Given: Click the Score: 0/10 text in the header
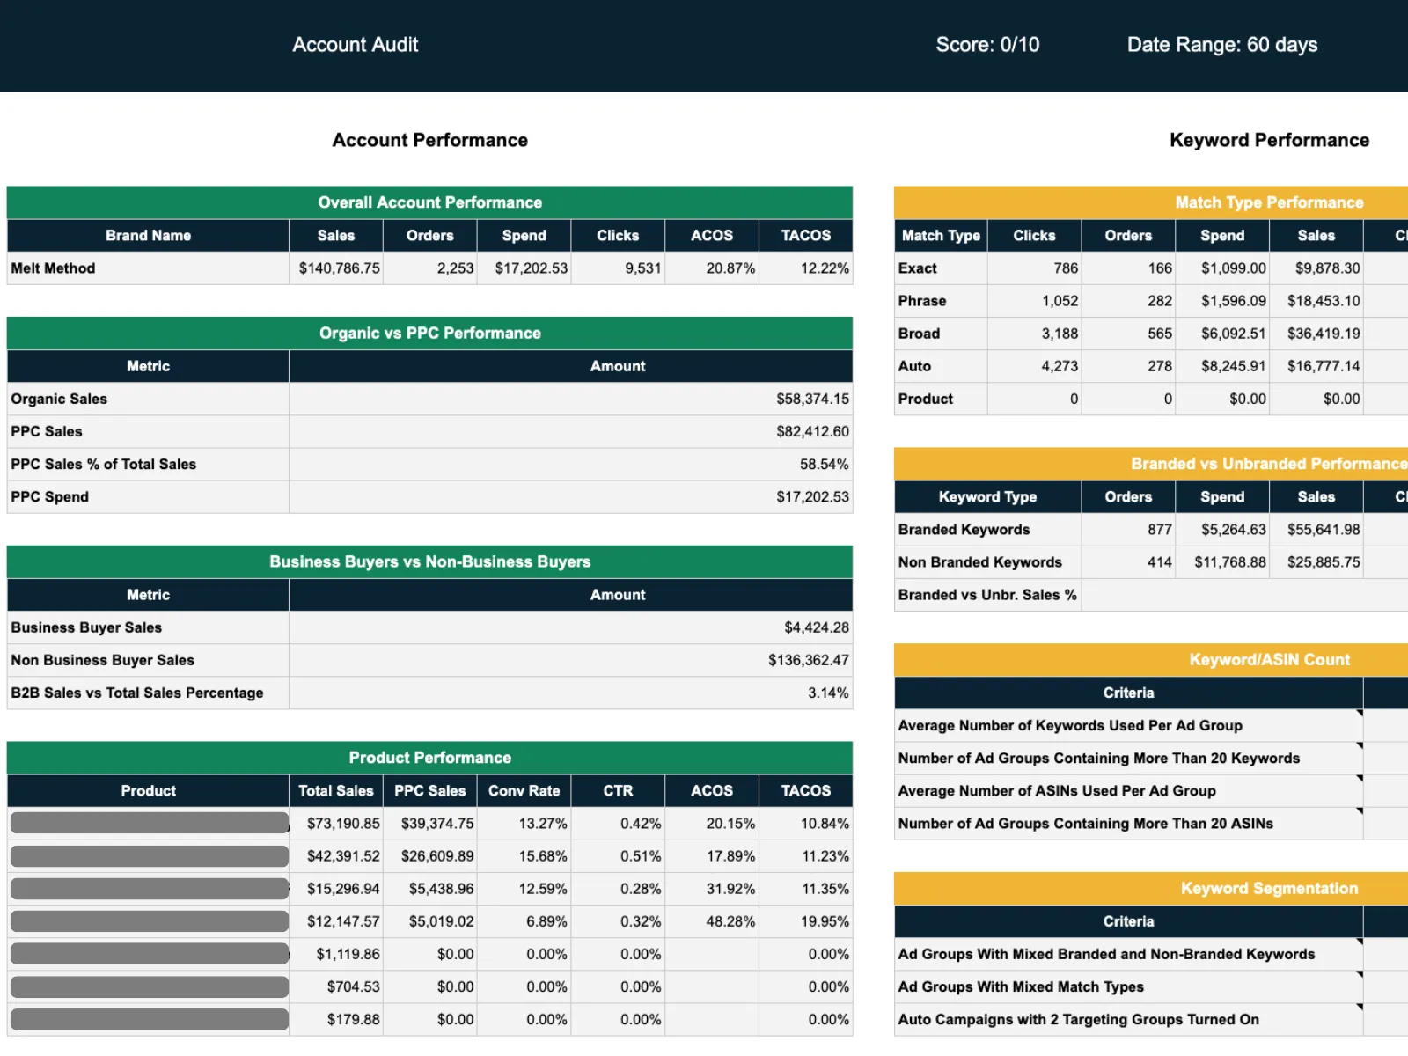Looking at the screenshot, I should pos(987,45).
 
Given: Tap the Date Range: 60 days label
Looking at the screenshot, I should pos(1222,45).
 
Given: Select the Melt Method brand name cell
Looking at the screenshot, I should pos(54,268).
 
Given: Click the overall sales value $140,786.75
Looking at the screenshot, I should pos(339,268).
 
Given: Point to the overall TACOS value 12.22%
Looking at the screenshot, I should pos(825,268).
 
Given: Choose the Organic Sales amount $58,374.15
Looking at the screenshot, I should pos(812,399).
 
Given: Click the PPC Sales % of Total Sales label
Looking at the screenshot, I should pos(104,464).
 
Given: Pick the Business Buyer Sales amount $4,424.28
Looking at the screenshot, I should pos(817,627).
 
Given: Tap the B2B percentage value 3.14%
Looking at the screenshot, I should pos(828,693).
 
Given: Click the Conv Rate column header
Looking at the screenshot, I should pos(524,790).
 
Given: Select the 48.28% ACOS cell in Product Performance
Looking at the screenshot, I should pos(730,921).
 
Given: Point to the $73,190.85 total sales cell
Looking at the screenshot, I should pos(343,824).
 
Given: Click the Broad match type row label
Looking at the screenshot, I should pos(920,334).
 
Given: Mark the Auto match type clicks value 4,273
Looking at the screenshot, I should pos(1060,366).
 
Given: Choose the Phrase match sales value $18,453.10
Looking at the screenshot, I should pos(1324,301).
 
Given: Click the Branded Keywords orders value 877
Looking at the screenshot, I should pos(1159,530).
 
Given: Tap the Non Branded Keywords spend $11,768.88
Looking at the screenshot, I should pos(1229,562).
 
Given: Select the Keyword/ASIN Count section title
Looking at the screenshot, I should pos(1269,660).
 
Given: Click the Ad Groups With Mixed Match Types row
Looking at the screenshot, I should pos(1021,986).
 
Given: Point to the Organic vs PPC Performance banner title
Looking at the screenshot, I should pos(429,334).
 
